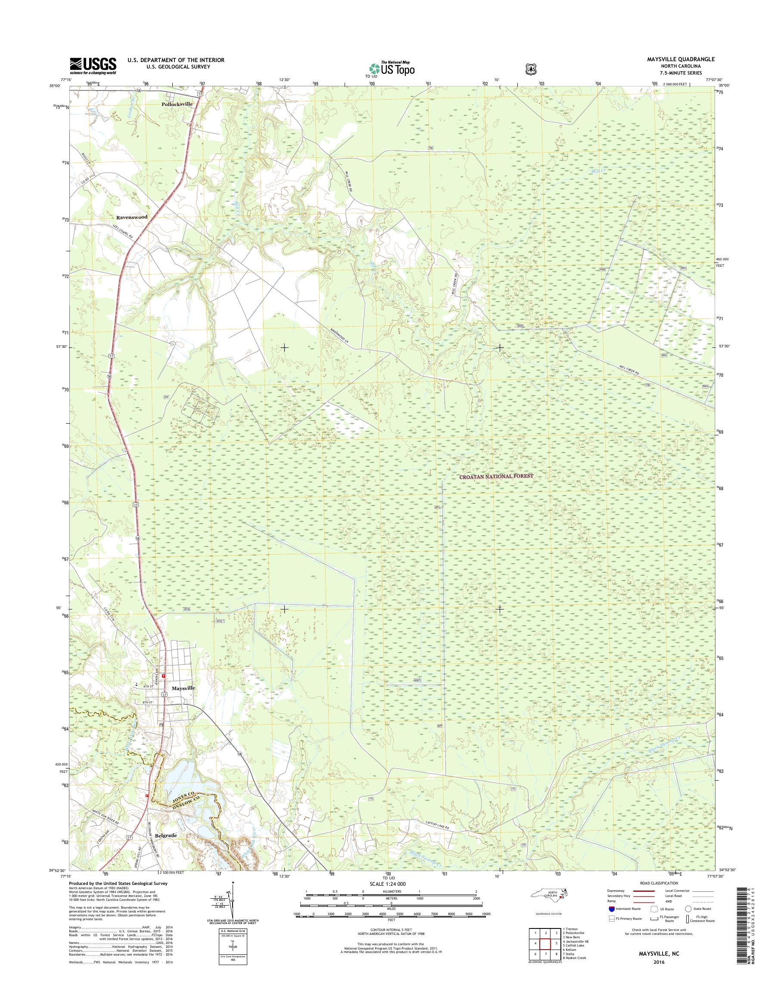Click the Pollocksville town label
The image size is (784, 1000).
pyautogui.click(x=177, y=104)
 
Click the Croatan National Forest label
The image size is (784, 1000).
pyautogui.click(x=497, y=476)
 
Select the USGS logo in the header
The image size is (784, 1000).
pyautogui.click(x=93, y=66)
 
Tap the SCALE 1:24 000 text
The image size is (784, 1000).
pyautogui.click(x=388, y=884)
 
